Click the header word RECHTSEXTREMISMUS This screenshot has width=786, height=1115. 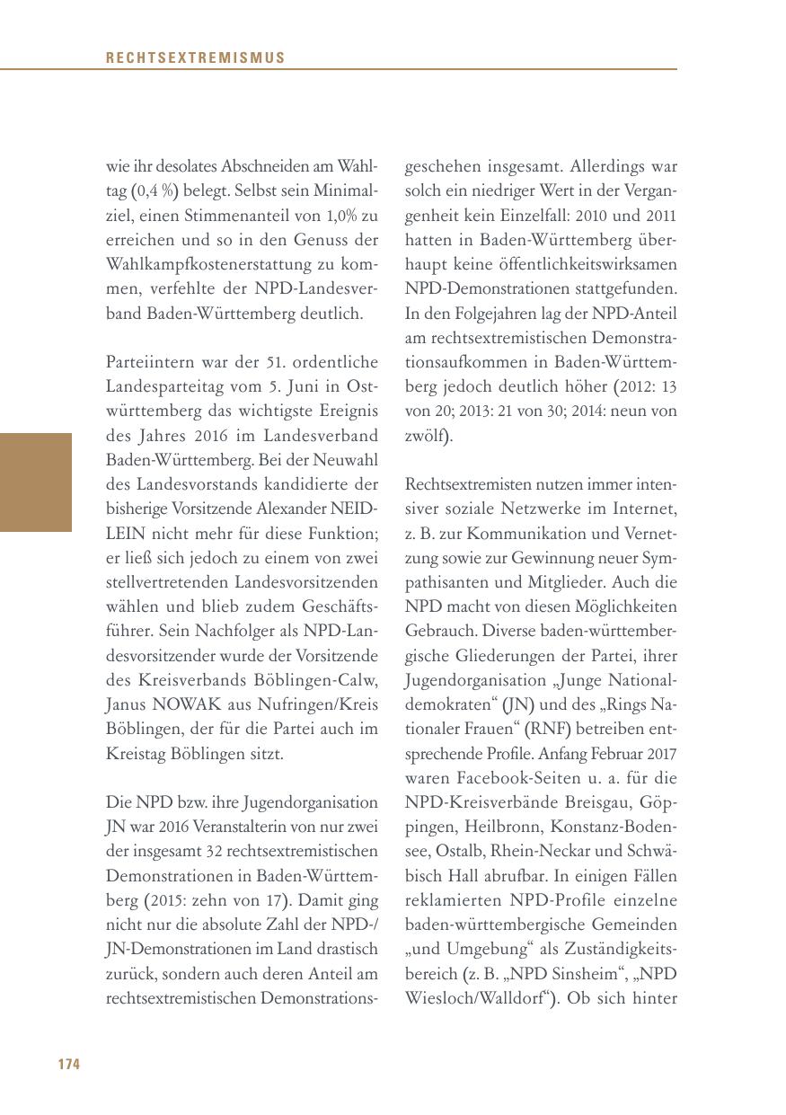[195, 58]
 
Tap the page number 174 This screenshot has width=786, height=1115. [69, 1065]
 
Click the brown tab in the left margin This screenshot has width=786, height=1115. [36, 482]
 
